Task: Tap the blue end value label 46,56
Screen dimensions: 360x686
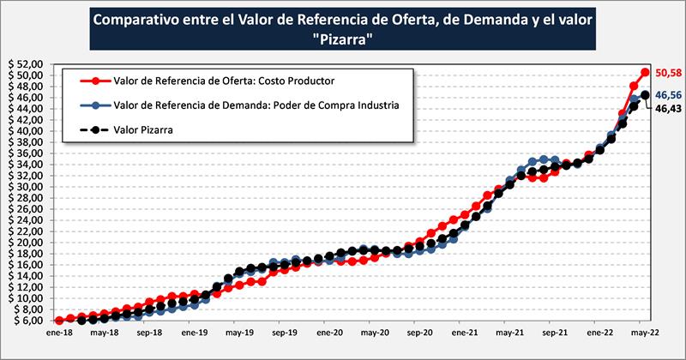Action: (x=666, y=95)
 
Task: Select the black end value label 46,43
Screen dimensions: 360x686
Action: (x=666, y=110)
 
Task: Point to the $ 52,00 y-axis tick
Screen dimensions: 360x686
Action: (x=28, y=64)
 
